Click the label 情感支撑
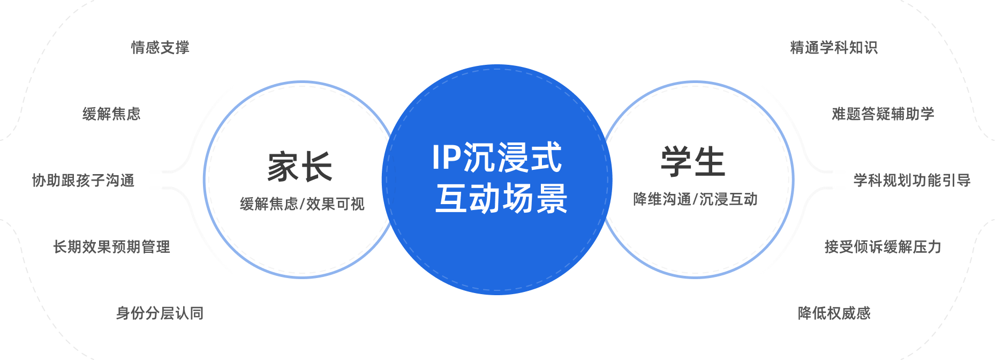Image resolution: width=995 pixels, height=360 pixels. tap(160, 48)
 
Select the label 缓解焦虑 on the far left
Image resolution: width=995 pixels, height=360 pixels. tap(111, 114)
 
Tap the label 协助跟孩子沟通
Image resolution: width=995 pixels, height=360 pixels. tap(83, 181)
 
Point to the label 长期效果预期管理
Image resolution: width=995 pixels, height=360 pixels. tap(111, 247)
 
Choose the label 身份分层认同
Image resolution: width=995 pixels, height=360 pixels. tap(160, 313)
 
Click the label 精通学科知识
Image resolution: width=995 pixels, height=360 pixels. tap(834, 48)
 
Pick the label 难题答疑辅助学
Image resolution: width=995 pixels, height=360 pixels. tap(883, 114)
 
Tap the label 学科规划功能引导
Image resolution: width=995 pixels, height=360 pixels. tap(912, 181)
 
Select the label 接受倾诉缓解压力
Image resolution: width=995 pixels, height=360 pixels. tap(883, 247)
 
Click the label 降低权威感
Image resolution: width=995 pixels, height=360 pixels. tap(834, 313)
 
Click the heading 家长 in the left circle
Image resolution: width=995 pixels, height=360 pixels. tap(300, 167)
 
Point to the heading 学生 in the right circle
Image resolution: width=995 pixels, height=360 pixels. tap(693, 162)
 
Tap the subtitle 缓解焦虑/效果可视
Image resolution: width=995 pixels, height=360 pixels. tap(302, 204)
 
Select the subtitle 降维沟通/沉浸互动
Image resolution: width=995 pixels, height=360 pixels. tap(695, 199)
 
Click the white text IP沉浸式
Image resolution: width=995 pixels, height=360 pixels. tap(497, 157)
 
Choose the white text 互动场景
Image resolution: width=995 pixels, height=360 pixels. tap(501, 199)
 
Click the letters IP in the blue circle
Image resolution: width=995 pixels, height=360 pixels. tap(447, 157)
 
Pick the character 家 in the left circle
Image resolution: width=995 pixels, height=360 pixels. tap(283, 167)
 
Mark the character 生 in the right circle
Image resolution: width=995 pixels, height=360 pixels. tap(710, 162)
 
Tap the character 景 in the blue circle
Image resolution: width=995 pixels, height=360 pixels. tap(552, 199)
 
